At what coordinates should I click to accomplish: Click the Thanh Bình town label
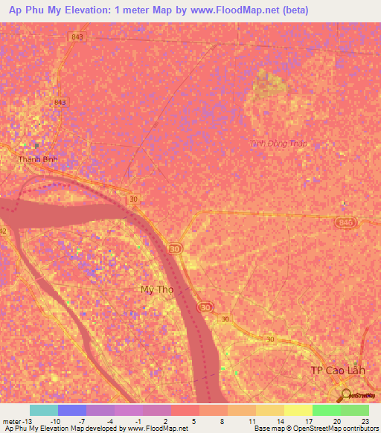[x=38, y=159]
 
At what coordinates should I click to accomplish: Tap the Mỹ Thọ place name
[x=157, y=289]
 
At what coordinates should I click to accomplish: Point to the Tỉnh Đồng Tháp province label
[x=279, y=143]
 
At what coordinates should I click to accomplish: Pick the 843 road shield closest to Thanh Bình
[x=60, y=102]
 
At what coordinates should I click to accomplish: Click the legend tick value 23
[x=364, y=421]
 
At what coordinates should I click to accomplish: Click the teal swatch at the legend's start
[x=44, y=410]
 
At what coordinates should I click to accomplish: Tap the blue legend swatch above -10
[x=72, y=410]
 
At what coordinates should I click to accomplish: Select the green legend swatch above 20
[x=327, y=410]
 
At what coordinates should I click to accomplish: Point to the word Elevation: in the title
[x=92, y=10]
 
